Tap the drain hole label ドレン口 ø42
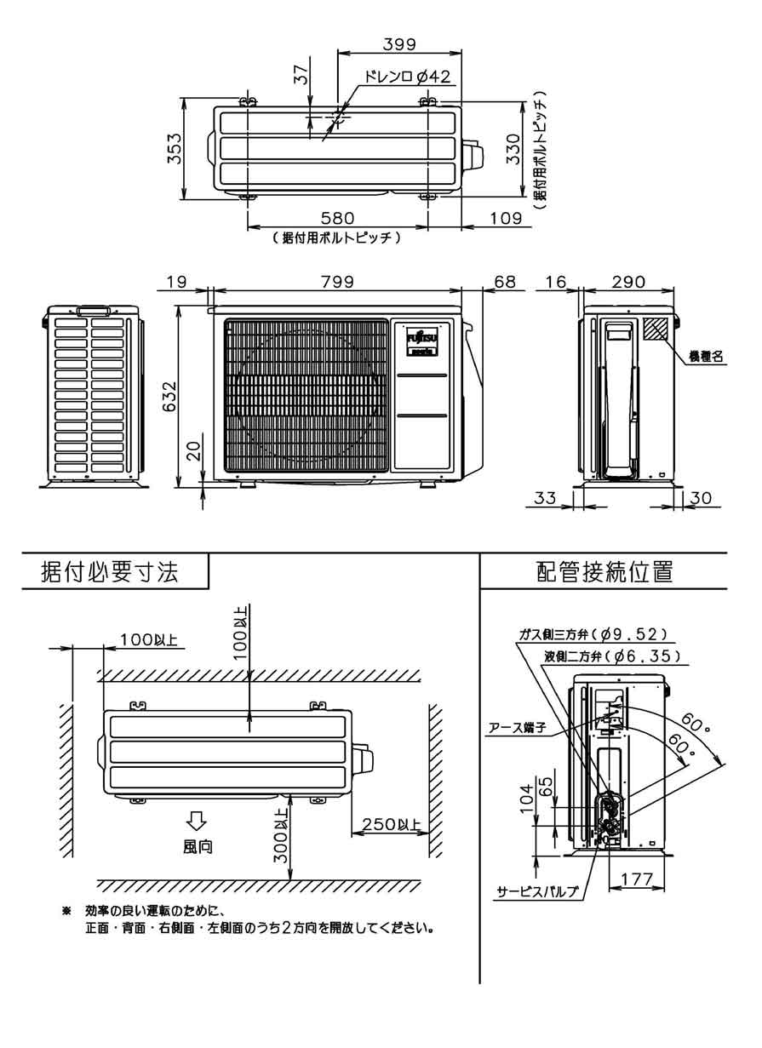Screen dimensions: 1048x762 [x=406, y=77]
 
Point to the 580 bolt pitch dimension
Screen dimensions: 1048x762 [x=337, y=219]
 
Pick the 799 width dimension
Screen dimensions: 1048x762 [x=337, y=281]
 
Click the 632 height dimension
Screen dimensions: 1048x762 [x=169, y=396]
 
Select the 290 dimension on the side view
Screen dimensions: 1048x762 [x=628, y=281]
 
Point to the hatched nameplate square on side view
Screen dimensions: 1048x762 [x=656, y=329]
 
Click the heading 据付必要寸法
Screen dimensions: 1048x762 [x=111, y=572]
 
